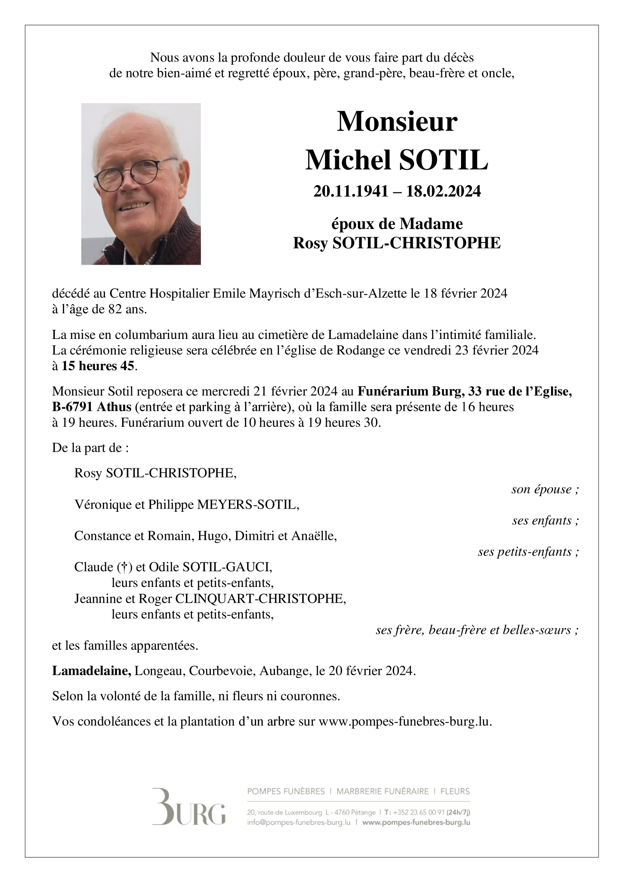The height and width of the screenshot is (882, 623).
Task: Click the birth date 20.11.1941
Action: [351, 191]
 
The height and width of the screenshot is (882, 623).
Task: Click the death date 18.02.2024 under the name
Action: [443, 191]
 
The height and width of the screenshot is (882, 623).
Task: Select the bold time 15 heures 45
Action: [98, 366]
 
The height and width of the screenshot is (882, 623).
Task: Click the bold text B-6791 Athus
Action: [92, 407]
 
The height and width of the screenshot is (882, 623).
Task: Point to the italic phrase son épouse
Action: [542, 489]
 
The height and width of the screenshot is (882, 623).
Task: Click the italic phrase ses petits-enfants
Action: [525, 552]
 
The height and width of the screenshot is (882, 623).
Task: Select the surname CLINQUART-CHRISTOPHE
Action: [260, 598]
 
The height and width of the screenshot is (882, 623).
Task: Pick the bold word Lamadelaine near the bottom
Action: [91, 671]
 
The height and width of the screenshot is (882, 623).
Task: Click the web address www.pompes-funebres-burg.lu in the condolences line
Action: [404, 721]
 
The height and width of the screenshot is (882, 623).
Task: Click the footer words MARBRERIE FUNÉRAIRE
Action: [382, 791]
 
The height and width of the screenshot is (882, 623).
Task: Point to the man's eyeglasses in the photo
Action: [135, 173]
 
